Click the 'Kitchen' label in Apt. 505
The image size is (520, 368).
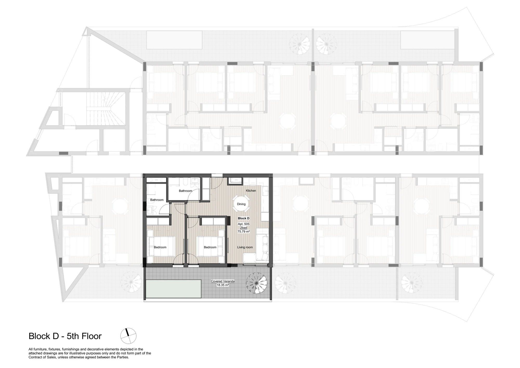coord(251,191)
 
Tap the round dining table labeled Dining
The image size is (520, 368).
coord(241,204)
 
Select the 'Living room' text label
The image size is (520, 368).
coord(245,247)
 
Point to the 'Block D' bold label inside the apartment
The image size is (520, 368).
coord(244,218)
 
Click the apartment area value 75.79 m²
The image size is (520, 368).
coord(244,231)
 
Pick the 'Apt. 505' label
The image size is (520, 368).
coord(244,224)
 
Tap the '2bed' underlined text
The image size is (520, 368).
coord(244,228)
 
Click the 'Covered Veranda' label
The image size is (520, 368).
coord(223,281)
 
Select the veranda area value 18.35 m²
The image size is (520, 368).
coord(223,285)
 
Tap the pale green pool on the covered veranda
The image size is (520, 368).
coord(174,289)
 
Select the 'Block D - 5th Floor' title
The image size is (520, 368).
coord(65,336)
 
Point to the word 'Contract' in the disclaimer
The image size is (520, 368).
coord(35,357)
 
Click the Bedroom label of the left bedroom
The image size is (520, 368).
coord(160,247)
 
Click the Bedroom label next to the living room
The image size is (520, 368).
coord(210,247)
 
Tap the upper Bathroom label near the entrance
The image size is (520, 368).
coord(185,191)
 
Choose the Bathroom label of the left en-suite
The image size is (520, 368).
coord(157,200)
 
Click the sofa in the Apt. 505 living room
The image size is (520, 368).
coord(262,244)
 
